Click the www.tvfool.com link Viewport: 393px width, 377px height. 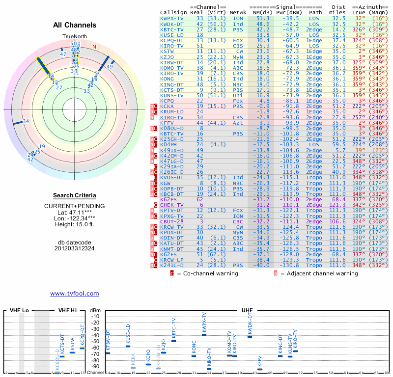[74, 294]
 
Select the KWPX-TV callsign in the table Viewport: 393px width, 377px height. [173, 18]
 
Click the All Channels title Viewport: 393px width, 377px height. [75, 25]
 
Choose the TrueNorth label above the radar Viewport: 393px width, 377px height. [74, 37]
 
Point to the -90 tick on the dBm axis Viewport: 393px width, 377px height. [95, 366]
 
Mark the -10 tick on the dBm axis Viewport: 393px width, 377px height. [95, 316]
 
